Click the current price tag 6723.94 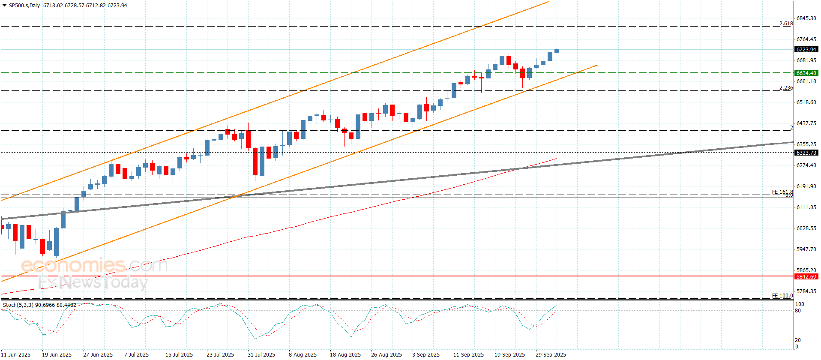(x=806, y=50)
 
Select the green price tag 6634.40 (x=806, y=73)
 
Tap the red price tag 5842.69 (x=806, y=277)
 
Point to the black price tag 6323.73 (x=806, y=153)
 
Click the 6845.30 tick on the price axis (x=806, y=18)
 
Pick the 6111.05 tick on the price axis (x=806, y=207)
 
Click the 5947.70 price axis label (x=806, y=249)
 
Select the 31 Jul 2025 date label (x=261, y=354)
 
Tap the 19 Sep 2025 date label (x=509, y=354)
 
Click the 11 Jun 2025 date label (x=16, y=354)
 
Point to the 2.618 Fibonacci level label (x=786, y=24)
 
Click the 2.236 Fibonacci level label (x=786, y=88)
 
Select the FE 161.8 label (x=782, y=192)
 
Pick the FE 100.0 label (x=782, y=296)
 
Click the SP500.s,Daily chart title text (x=24, y=6)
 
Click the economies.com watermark (x=94, y=265)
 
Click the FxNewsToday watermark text (x=93, y=282)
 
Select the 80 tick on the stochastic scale (x=797, y=311)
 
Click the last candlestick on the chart (x=557, y=51)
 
